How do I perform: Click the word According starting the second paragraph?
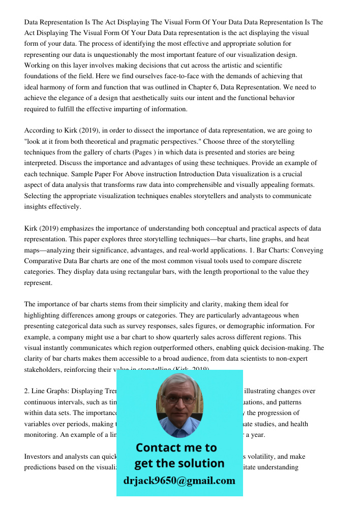pos(40,131)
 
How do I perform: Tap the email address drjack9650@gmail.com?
pos(179,481)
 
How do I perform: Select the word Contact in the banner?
pos(160,448)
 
